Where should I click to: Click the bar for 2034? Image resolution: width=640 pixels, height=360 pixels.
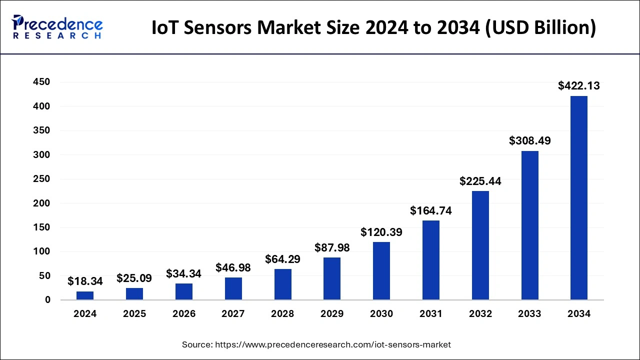[579, 198]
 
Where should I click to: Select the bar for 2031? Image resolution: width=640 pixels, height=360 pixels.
[431, 260]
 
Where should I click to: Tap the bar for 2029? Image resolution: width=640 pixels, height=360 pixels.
[332, 278]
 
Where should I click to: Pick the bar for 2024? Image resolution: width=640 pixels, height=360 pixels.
[85, 295]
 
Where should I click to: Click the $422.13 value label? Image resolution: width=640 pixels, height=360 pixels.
[579, 86]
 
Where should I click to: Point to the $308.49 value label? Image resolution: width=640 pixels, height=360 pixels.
[529, 141]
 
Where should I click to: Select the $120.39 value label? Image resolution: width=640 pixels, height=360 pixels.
[381, 232]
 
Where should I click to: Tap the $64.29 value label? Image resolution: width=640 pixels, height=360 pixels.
[282, 260]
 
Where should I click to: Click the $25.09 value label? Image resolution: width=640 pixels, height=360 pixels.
[134, 277]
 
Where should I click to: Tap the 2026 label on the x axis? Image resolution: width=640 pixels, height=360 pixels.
[184, 314]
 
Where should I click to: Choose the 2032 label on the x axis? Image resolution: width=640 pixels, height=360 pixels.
[480, 314]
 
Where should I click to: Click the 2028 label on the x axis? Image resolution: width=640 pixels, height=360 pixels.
[282, 314]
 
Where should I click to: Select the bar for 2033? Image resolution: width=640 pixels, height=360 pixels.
[529, 225]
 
